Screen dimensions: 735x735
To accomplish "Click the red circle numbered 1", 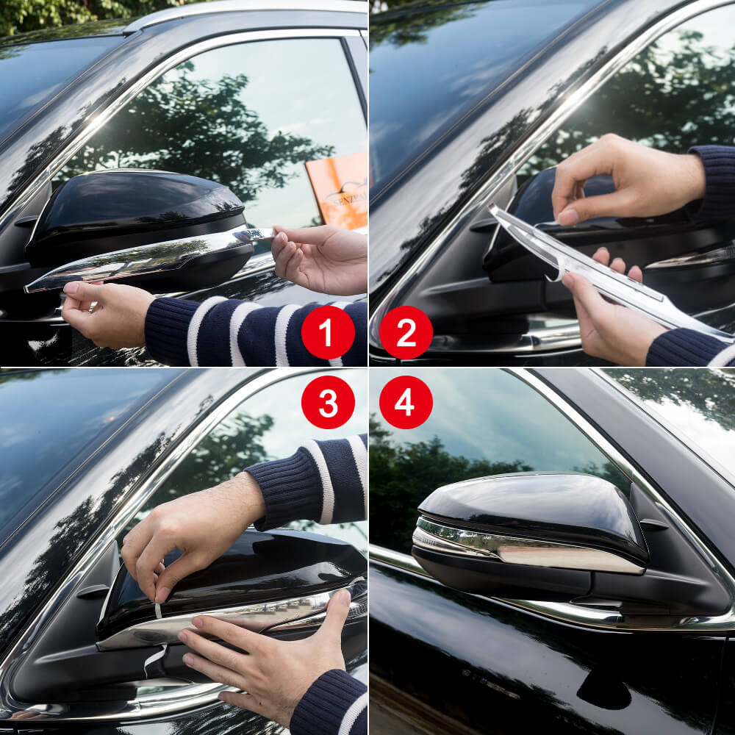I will coord(328,332).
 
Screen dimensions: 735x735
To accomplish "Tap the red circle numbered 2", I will coord(406,332).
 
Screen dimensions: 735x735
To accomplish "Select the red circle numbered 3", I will coord(328,402).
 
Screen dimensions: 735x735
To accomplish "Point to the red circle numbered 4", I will coord(406,402).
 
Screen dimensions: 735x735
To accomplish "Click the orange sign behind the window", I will coord(338,190).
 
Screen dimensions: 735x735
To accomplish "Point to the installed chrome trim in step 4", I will coord(529,548).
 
